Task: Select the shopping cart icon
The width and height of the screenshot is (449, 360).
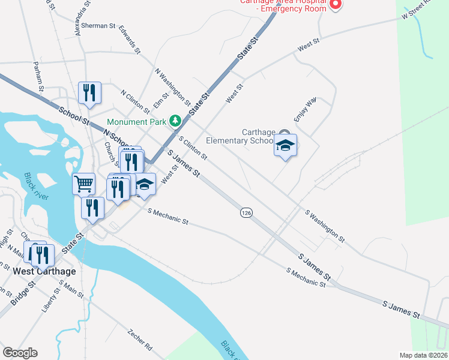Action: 83,183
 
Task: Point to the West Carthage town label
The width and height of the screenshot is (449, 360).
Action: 44,271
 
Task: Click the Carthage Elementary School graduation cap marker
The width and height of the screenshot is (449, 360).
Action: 285,146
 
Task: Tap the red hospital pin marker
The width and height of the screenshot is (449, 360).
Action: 336,5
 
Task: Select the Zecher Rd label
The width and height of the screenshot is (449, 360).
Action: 140,338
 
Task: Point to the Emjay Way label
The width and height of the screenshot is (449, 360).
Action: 304,110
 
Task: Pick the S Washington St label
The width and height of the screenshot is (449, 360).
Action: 325,227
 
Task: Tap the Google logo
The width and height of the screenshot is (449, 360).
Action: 20,353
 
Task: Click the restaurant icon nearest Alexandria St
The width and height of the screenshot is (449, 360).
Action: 89,92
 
